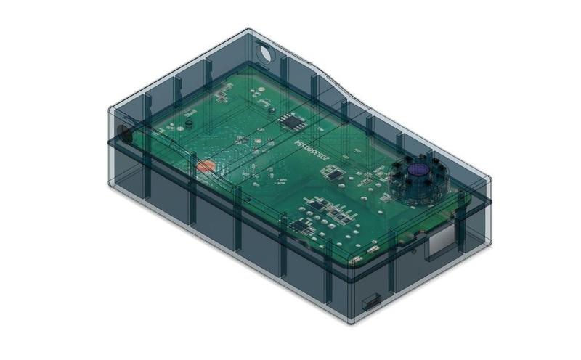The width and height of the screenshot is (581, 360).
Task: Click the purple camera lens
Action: tap(418, 170)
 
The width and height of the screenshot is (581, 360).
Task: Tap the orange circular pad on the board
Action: tap(206, 166)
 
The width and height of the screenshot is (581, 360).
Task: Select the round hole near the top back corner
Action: tap(265, 53)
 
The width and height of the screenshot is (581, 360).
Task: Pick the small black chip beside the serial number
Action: tap(332, 173)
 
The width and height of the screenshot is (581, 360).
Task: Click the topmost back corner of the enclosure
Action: tap(248, 29)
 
